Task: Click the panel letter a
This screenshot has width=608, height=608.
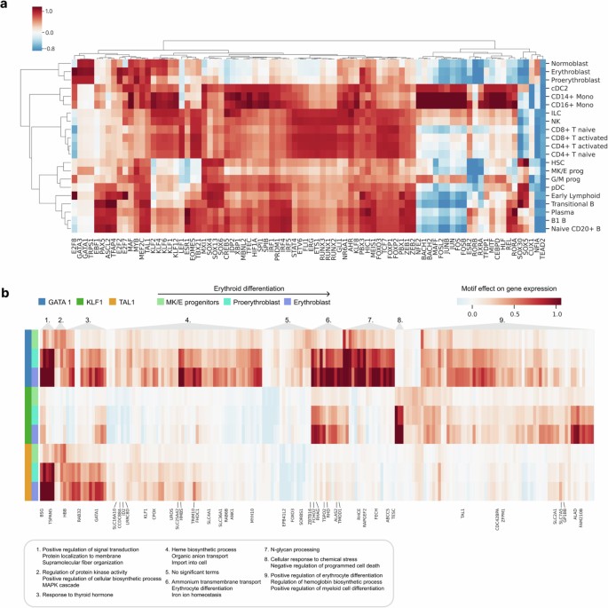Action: coord(4,5)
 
